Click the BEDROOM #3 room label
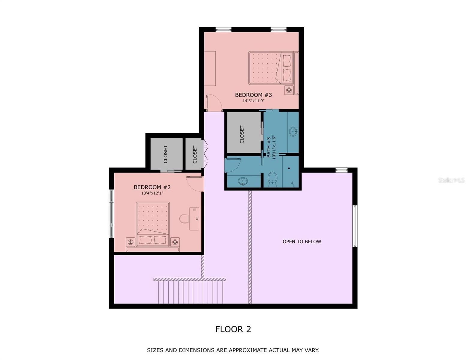(253, 95)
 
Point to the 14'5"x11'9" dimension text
(253, 101)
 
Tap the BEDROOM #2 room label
(152, 187)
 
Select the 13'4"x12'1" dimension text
(152, 193)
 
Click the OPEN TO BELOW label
(302, 241)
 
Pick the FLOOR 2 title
(233, 329)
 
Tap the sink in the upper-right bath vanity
(293, 131)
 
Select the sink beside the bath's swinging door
(242, 181)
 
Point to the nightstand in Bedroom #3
(289, 90)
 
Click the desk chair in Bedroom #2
(184, 219)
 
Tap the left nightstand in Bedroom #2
(131, 242)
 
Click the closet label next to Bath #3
(242, 134)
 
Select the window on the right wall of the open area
(355, 226)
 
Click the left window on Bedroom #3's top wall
(224, 29)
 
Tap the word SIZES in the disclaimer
(155, 350)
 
